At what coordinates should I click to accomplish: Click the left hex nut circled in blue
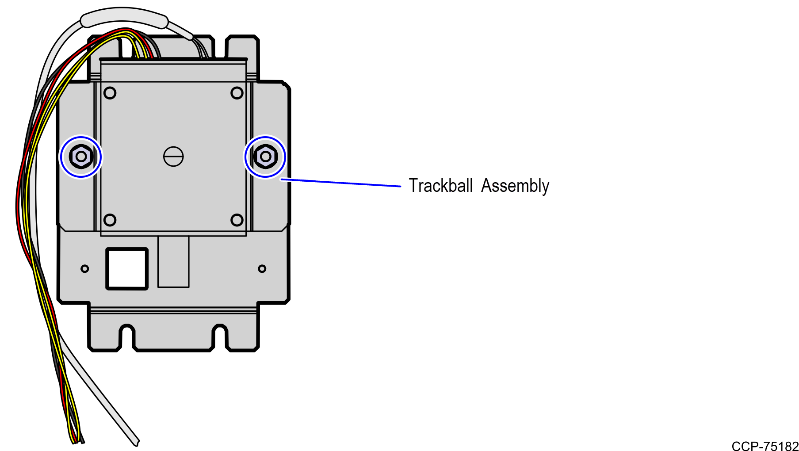[x=81, y=157]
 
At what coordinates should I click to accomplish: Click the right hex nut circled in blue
[x=265, y=156]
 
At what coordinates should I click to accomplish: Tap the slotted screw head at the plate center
[x=173, y=157]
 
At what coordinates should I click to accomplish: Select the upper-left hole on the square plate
[x=110, y=93]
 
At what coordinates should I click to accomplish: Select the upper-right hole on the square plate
[x=237, y=93]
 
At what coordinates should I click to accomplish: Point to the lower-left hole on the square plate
[x=110, y=220]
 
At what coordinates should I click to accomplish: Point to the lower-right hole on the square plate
[x=237, y=220]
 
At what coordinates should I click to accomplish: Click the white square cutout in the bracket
[x=127, y=269]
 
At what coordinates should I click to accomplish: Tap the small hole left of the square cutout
[x=85, y=268]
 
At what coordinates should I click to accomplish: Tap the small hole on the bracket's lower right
[x=262, y=268]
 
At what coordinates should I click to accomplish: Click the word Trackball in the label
[x=441, y=186]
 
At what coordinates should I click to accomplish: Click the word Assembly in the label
[x=515, y=186]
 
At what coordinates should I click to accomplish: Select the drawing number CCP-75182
[x=765, y=446]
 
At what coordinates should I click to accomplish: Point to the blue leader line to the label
[x=340, y=183]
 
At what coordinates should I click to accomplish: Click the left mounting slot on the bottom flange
[x=127, y=337]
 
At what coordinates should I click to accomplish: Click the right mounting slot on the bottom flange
[x=220, y=337]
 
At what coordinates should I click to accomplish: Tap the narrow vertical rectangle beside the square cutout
[x=173, y=261]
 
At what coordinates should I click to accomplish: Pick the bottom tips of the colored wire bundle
[x=76, y=440]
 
